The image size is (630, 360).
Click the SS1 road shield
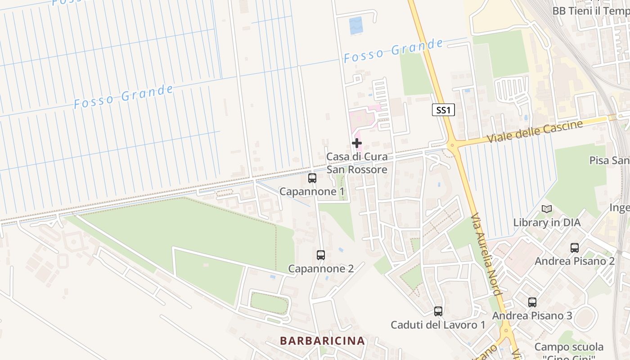[x=443, y=110]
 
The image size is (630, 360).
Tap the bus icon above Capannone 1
[x=312, y=178]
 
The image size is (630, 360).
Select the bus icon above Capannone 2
[x=321, y=255]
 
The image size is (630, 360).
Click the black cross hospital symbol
[x=357, y=144]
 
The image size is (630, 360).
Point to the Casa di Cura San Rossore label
[x=356, y=163]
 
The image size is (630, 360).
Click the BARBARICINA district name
[x=322, y=341]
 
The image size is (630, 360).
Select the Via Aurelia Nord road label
[x=486, y=255]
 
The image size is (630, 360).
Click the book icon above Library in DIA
[x=547, y=209]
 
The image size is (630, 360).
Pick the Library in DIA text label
[x=547, y=222]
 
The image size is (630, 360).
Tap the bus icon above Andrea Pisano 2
[x=575, y=247]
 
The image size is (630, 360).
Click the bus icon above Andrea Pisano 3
[x=532, y=302]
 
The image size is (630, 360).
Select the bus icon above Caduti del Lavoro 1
[x=438, y=311]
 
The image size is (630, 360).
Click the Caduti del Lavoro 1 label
[x=438, y=324]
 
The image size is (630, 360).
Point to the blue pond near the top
[x=355, y=25]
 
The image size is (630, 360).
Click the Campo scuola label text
[x=569, y=347]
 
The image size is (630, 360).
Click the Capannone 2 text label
[x=321, y=269]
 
